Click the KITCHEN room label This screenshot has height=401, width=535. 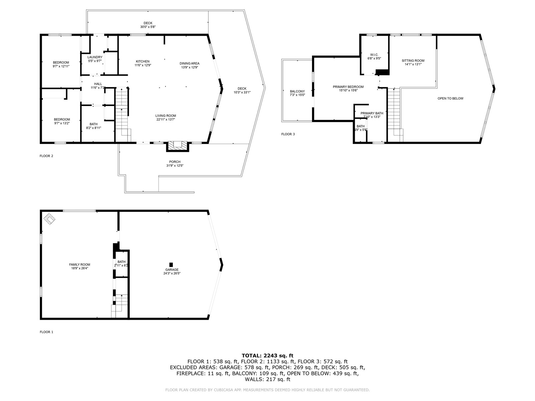[142, 61]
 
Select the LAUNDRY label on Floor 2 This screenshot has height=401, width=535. [95, 57]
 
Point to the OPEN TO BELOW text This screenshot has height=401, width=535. [450, 99]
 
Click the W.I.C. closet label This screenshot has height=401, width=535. [374, 55]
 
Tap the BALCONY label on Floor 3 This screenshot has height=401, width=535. [297, 92]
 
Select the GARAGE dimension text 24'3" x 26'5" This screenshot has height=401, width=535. [172, 273]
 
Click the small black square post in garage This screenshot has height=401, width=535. [171, 264]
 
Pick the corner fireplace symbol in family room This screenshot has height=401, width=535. [50, 219]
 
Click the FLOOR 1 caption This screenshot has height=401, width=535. [46, 332]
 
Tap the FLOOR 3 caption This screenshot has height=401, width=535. [288, 134]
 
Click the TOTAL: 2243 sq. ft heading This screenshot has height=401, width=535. [267, 356]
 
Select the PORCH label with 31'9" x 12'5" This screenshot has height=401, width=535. [175, 162]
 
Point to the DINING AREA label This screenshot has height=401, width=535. [189, 63]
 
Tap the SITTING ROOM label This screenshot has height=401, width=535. [413, 61]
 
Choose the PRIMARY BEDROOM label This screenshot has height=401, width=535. [348, 87]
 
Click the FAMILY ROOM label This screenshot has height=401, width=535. [80, 265]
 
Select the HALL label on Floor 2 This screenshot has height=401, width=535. [98, 84]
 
